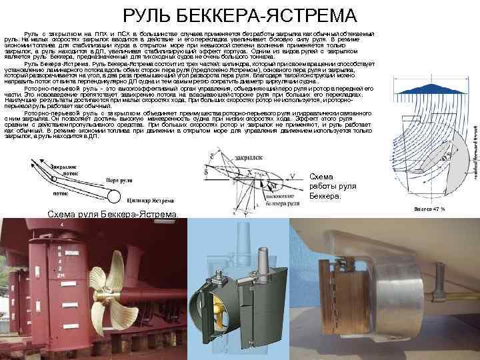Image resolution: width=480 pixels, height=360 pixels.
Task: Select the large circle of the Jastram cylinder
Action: click(113, 196)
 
